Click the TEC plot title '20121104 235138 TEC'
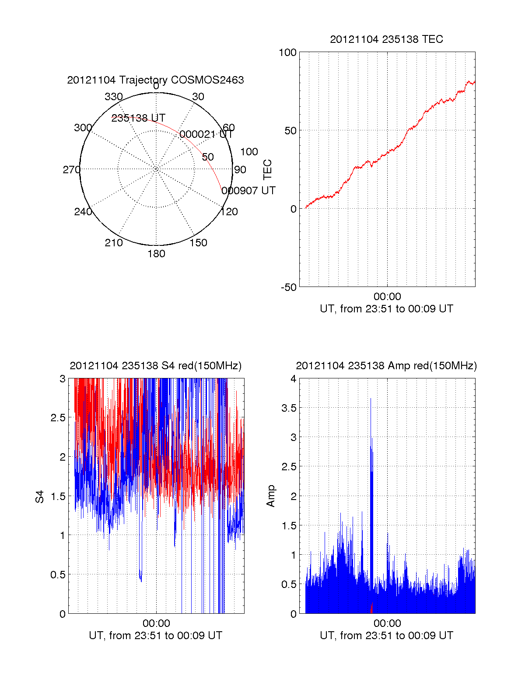click(x=386, y=39)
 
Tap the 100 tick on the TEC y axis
click(x=287, y=53)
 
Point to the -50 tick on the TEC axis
click(x=288, y=287)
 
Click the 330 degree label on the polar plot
click(x=113, y=97)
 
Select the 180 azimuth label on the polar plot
click(x=156, y=254)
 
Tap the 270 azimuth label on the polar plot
click(x=71, y=170)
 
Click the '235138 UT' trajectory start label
click(x=138, y=118)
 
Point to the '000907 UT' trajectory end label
click(x=248, y=191)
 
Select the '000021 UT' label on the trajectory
click(x=206, y=134)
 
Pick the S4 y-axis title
click(x=40, y=497)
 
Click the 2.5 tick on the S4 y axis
click(x=58, y=418)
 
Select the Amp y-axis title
click(x=271, y=496)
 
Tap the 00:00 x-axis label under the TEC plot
click(x=387, y=297)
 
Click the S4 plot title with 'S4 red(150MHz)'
click(x=155, y=366)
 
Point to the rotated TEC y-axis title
click(x=267, y=170)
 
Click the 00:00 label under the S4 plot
click(x=156, y=623)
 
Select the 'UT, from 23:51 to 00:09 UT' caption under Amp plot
click(x=386, y=636)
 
